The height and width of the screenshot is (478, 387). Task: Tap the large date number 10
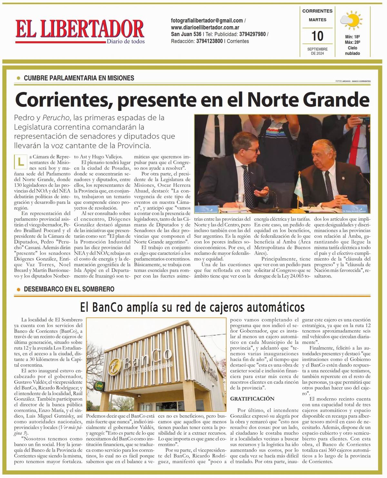[x=317, y=36]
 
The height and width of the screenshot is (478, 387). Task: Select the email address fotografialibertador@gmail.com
[x=207, y=21]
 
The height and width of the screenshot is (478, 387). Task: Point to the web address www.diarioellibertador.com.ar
[x=205, y=27]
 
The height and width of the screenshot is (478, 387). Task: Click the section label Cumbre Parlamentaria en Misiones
[x=79, y=78]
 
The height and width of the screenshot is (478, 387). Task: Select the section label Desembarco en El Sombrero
[x=69, y=289]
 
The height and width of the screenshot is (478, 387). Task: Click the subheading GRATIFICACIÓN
[x=252, y=399]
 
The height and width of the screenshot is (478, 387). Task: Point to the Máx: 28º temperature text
[x=352, y=42]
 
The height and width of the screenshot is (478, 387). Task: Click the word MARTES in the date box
[x=317, y=20]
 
